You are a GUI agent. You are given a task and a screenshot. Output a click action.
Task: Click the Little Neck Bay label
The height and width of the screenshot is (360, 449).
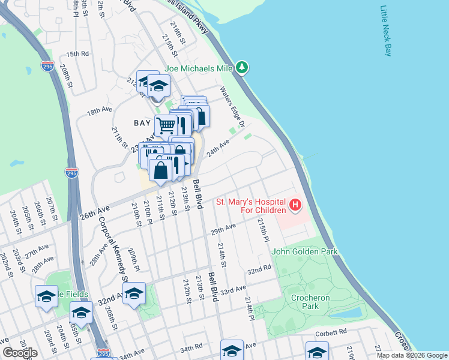point(385,32)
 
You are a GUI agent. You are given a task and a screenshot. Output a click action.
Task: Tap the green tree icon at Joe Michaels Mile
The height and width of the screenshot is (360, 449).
point(242,68)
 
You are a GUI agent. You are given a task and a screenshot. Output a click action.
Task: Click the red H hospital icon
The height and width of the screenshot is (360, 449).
point(295,206)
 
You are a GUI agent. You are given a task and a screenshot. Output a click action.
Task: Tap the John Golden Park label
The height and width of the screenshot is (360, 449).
point(304,251)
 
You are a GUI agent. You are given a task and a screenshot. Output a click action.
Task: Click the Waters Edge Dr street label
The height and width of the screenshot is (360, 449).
point(232,107)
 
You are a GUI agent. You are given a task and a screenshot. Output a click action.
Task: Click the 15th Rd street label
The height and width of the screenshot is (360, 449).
point(77,54)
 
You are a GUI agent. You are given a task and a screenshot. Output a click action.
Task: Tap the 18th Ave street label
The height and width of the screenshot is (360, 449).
point(99,111)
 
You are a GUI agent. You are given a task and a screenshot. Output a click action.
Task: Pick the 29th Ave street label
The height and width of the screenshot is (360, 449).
point(222,230)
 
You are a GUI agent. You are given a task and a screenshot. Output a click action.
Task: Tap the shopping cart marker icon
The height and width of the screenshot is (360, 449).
point(166,125)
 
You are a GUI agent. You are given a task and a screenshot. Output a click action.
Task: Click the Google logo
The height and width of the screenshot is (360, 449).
point(20,353)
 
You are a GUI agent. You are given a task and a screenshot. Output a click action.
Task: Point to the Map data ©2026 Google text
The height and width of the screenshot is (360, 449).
point(411,355)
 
